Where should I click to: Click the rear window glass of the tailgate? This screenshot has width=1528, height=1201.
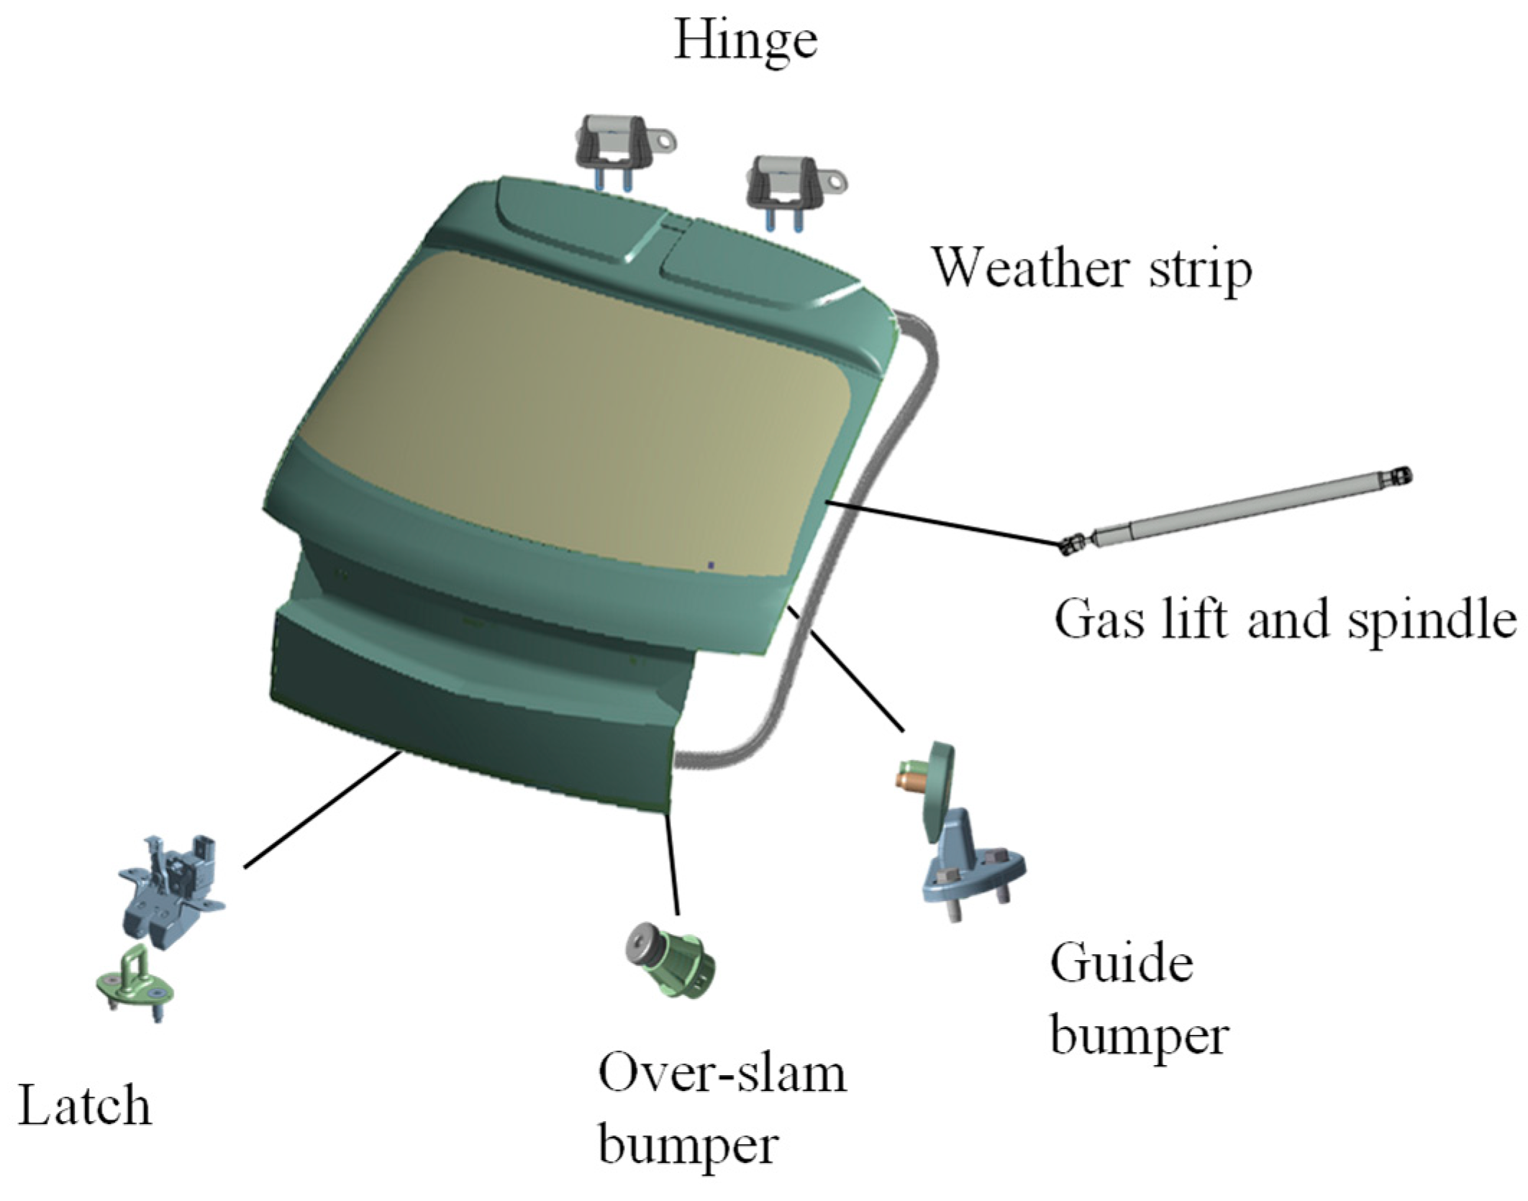(x=576, y=403)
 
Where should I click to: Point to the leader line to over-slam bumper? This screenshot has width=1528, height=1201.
(x=673, y=863)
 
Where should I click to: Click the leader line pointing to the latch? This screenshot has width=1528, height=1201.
(x=320, y=809)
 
